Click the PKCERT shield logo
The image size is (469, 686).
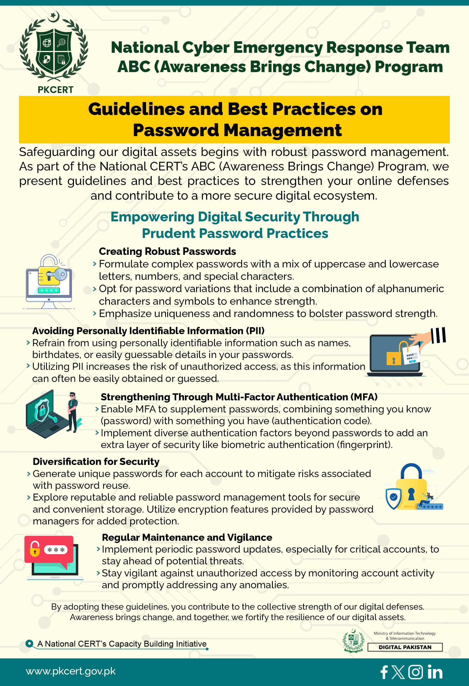(54, 49)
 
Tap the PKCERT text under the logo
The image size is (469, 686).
(55, 90)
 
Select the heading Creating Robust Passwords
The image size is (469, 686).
(167, 251)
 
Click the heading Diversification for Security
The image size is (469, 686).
(96, 461)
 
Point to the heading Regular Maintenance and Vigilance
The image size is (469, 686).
(187, 537)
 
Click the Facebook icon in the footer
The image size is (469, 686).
(384, 672)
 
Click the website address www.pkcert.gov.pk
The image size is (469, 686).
(70, 671)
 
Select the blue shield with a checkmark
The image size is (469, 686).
(393, 498)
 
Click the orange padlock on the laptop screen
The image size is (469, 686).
(393, 359)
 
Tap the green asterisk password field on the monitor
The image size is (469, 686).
(49, 290)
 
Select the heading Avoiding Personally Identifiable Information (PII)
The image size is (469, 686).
(148, 331)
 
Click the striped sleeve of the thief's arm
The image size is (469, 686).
(438, 335)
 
